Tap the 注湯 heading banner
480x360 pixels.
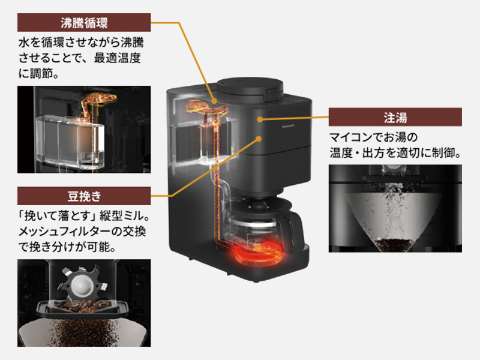tap(395, 116)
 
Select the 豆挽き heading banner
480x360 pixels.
tap(83, 196)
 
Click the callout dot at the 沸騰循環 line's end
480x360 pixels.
tap(214, 100)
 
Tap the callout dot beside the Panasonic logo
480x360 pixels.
tap(259, 119)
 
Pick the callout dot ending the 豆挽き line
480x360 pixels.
tap(259, 139)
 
